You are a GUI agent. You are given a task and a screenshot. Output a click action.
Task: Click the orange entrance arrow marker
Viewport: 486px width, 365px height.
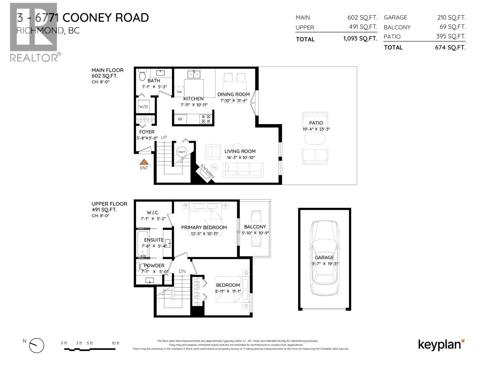pos(144,162)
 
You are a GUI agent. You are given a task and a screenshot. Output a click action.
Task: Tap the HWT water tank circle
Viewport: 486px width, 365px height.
pos(182,152)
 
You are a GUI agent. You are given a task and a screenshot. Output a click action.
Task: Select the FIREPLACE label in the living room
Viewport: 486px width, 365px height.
pos(207,171)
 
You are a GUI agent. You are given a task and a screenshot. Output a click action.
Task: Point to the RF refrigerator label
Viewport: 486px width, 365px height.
pos(180,119)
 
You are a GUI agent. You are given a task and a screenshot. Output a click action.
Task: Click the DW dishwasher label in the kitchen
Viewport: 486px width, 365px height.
pos(179,92)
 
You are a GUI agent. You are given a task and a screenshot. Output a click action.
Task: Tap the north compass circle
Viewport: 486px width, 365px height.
pos(36,346)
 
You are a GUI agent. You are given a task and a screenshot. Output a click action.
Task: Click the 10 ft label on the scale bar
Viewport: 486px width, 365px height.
pos(115,343)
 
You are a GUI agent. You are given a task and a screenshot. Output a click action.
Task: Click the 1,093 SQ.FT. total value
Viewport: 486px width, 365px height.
pos(360,39)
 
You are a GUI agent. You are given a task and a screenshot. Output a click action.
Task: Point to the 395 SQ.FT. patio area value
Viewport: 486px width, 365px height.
pos(451,36)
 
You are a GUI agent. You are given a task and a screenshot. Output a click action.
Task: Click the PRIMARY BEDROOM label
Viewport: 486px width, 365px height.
pos(204,228)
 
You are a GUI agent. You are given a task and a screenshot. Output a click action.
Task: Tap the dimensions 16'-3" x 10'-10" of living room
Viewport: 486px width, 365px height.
pos(241,158)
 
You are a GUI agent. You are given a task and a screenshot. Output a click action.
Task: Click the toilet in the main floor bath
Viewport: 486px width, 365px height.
pos(142,75)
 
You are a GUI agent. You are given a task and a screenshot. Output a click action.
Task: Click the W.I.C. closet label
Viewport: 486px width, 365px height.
pos(153,213)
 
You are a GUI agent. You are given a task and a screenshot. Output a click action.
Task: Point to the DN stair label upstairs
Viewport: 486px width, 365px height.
pos(182,271)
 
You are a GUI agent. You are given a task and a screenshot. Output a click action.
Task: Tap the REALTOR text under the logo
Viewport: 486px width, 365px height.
pos(33,57)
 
